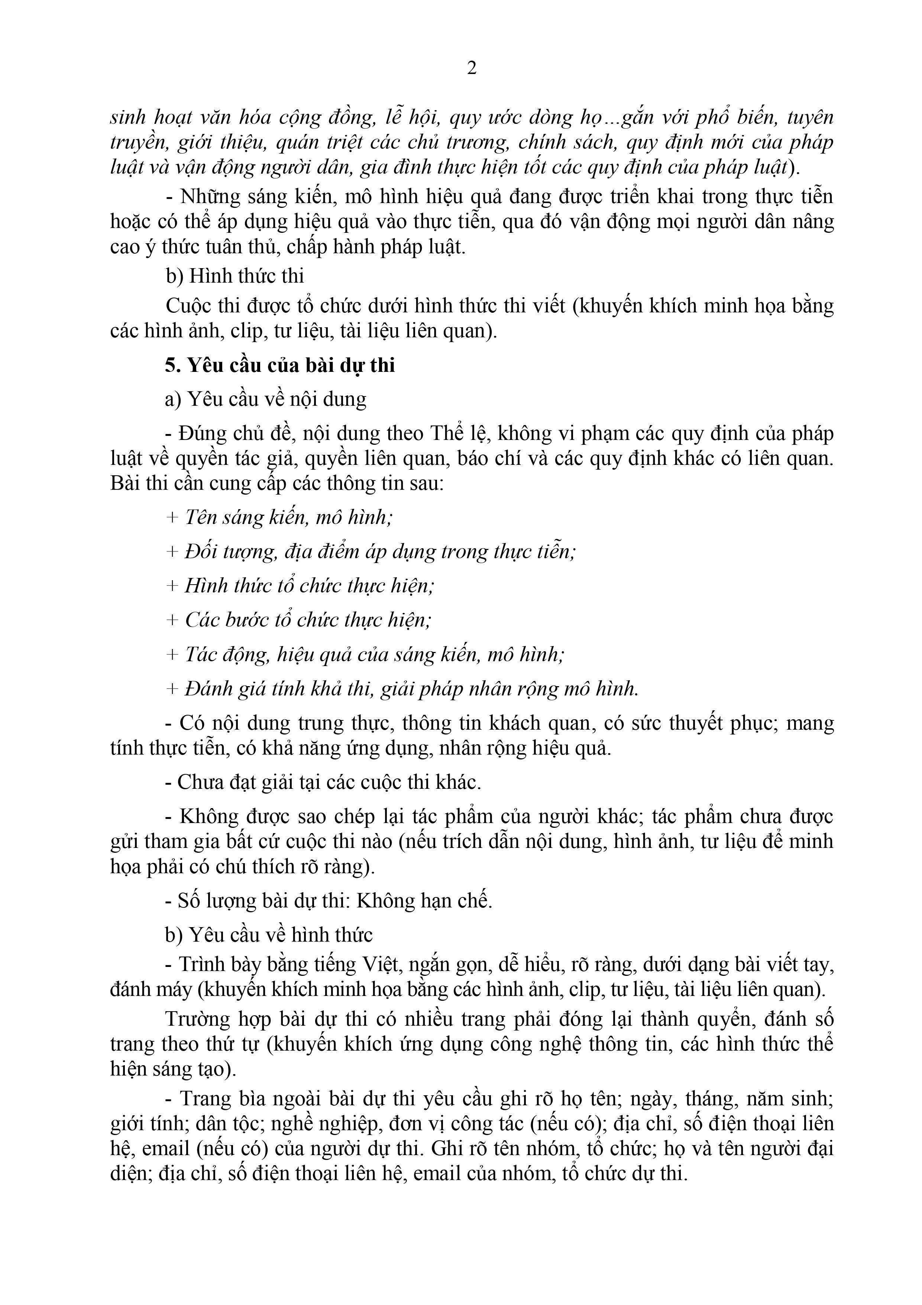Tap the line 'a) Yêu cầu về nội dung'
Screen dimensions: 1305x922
[265, 399]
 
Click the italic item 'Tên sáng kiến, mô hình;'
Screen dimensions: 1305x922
[289, 517]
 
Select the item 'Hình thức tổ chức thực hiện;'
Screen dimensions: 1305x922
[310, 585]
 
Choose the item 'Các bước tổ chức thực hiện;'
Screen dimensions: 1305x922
[308, 620]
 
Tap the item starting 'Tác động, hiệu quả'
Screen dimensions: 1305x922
[374, 655]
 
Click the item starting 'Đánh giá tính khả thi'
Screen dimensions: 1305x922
[412, 689]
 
